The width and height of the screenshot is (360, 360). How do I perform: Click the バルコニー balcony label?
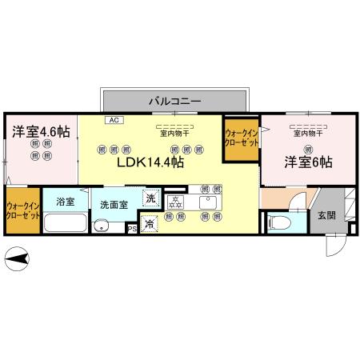[x=174, y=101]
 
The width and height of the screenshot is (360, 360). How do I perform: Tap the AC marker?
[x=113, y=120]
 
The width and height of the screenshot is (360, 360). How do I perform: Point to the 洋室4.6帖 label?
[x=40, y=130]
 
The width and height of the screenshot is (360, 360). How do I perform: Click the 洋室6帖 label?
[x=308, y=162]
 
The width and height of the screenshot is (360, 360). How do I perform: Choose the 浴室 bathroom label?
[x=66, y=202]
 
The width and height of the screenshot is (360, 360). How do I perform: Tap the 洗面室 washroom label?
[x=114, y=205]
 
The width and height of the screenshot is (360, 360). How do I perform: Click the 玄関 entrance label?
[x=326, y=214]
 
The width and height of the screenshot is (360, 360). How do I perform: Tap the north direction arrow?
[x=18, y=258]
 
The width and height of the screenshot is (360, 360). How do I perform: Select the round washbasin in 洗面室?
[x=100, y=226]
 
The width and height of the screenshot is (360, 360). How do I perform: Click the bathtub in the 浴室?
[x=64, y=221]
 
